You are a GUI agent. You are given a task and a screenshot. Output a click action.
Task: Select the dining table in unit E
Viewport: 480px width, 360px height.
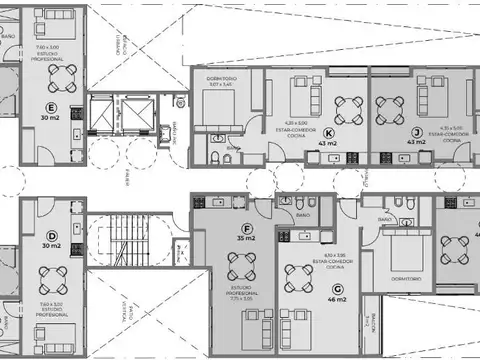pos(62,77)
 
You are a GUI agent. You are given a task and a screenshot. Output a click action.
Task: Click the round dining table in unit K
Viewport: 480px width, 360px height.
pos(348,109)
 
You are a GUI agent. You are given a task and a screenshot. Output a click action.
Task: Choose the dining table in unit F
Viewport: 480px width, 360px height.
pos(240,264)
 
